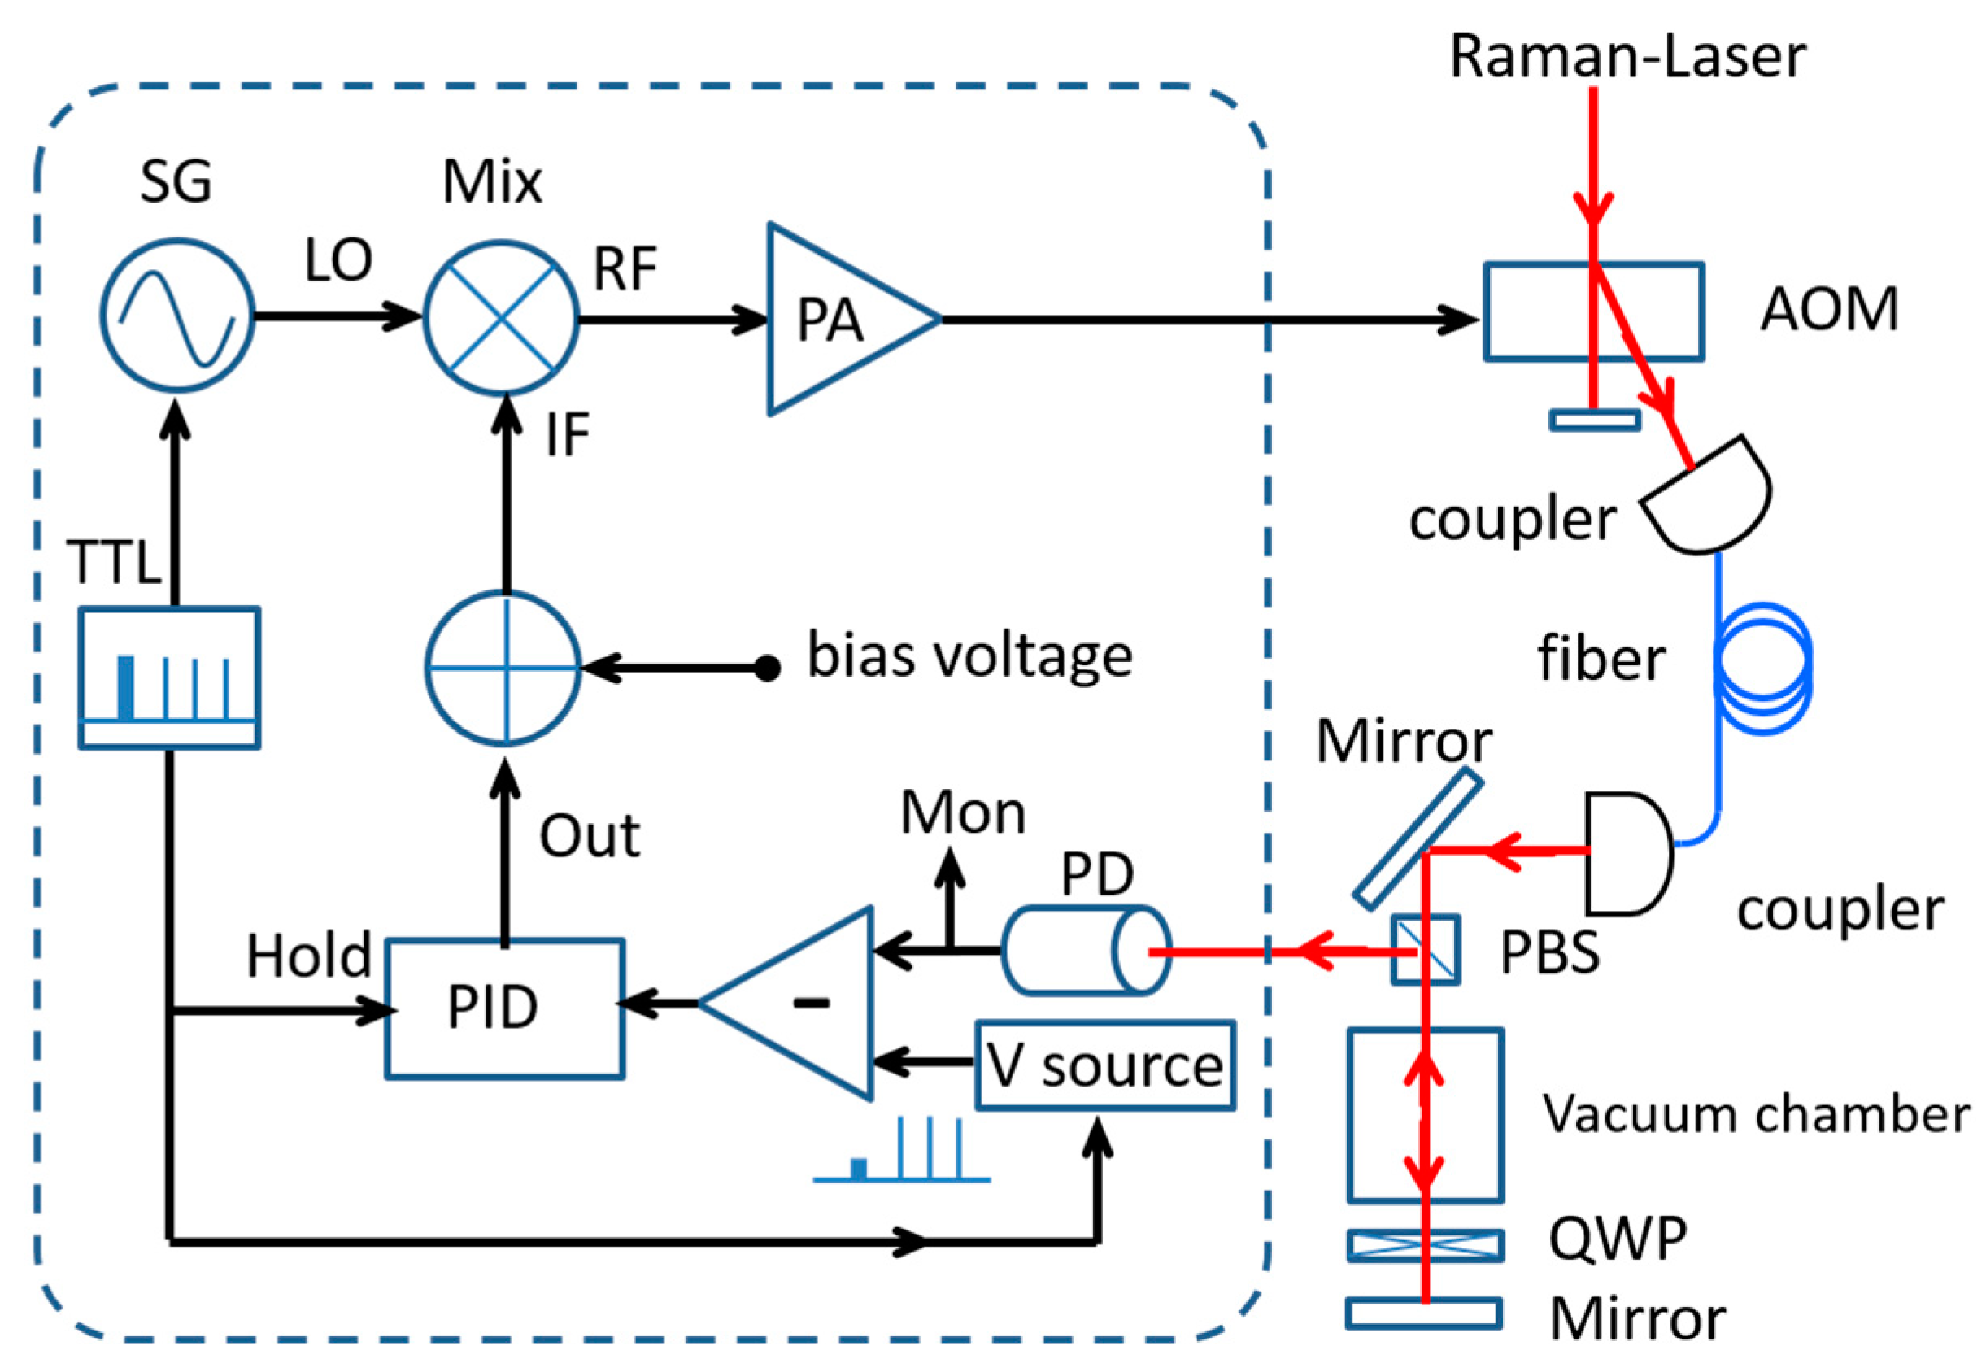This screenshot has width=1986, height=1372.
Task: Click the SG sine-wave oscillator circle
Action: [x=177, y=316]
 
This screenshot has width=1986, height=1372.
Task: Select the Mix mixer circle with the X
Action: [x=501, y=317]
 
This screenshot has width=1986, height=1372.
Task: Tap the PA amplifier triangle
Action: [x=838, y=320]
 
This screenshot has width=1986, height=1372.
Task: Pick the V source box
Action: [x=1104, y=1065]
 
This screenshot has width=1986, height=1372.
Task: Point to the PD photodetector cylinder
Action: [x=1085, y=951]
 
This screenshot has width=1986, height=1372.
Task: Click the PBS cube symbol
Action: [x=1426, y=949]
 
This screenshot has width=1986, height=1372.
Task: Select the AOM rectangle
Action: [x=1593, y=311]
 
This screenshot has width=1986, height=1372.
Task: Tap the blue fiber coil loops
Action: [x=1762, y=669]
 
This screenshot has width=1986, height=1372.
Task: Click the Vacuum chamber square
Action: [x=1425, y=1115]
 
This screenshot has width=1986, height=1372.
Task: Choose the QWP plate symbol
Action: [x=1425, y=1246]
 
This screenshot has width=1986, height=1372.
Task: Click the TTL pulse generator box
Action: [x=169, y=677]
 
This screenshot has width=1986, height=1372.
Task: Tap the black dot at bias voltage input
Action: [x=767, y=668]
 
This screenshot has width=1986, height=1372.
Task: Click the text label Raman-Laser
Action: [x=1627, y=56]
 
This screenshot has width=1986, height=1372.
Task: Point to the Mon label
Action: [x=963, y=812]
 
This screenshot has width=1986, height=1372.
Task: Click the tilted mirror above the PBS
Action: [x=1418, y=838]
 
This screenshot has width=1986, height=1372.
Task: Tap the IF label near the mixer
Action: [x=568, y=434]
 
